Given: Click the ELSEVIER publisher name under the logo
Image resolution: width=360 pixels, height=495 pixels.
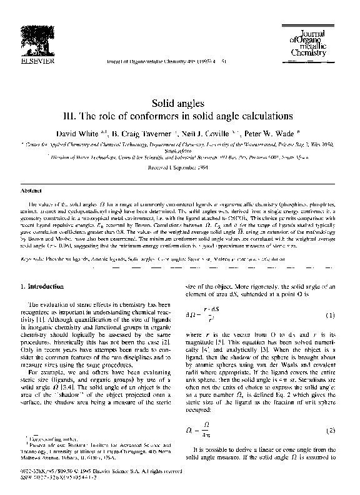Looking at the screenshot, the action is pyautogui.click(x=36, y=61).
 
